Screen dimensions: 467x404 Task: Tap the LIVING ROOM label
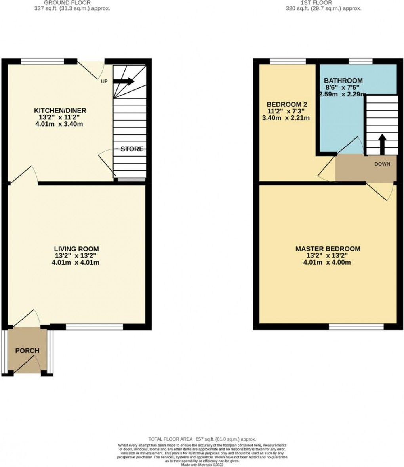click(76, 249)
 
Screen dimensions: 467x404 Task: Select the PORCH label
click(27, 350)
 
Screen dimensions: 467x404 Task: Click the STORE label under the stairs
click(132, 149)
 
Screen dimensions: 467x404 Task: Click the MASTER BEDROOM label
click(328, 249)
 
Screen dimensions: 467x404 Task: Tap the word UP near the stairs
click(105, 81)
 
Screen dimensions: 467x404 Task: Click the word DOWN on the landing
click(382, 164)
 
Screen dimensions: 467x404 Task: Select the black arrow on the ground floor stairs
click(124, 81)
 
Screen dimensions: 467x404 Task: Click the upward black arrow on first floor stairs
click(382, 144)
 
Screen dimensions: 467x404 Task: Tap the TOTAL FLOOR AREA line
click(202, 439)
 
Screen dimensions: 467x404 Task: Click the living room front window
click(94, 327)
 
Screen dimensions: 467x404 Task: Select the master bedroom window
click(356, 327)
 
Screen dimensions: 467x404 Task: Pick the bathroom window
click(360, 61)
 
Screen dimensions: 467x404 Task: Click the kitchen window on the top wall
click(42, 61)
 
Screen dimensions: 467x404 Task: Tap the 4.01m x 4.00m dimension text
click(328, 262)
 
